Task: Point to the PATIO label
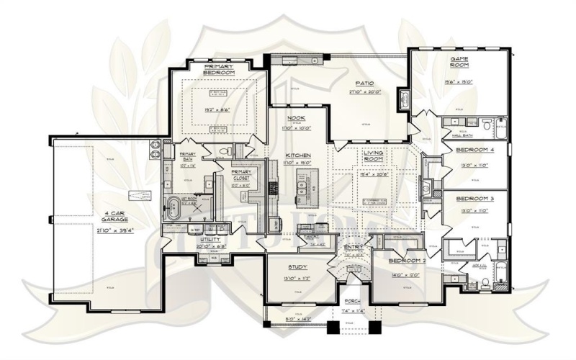coord(364,84)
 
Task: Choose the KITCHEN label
coord(297,155)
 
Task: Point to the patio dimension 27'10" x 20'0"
coord(364,93)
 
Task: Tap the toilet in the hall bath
coord(487,125)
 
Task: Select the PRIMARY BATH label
coord(187,157)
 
